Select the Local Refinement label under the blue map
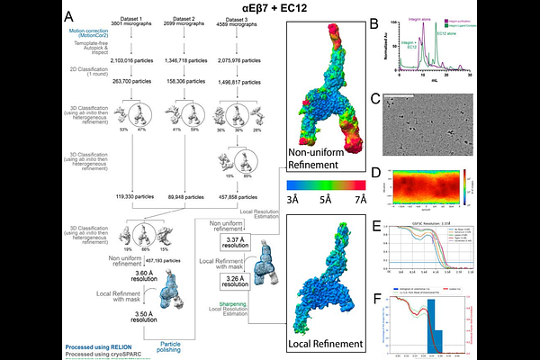(x=321, y=343)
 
